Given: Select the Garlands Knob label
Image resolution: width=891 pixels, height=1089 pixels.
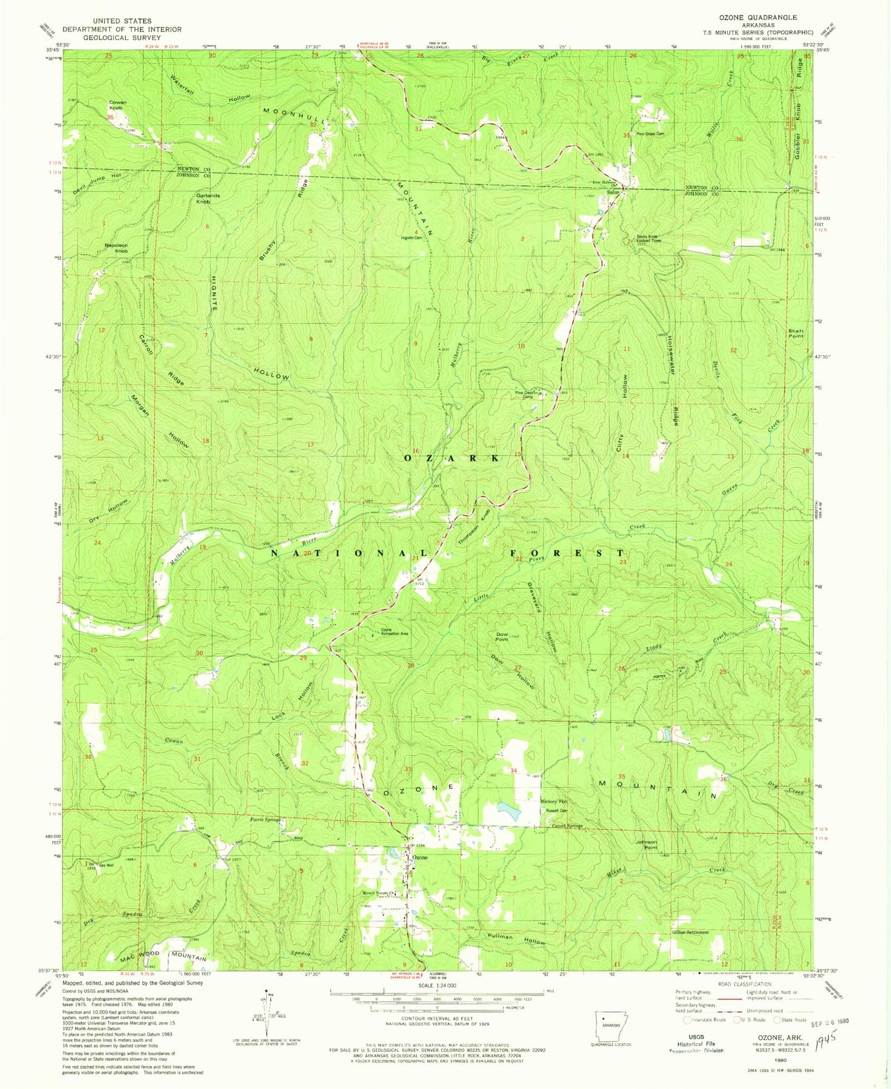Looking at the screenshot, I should coord(208,198).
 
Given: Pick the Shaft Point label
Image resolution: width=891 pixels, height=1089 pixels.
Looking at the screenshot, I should coord(795,333).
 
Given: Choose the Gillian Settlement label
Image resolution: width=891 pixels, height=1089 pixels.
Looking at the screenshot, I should coord(690,932).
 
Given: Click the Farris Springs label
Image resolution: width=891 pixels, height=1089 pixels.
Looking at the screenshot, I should coord(265,820).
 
